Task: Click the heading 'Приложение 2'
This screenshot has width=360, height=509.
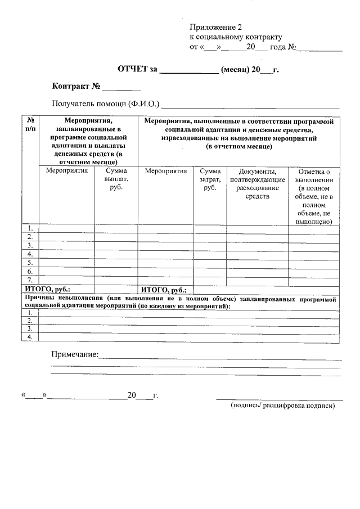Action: click(x=215, y=27)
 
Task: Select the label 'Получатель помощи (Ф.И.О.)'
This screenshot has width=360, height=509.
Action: click(x=106, y=104)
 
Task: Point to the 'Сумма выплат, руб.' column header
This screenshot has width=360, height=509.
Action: click(x=116, y=179)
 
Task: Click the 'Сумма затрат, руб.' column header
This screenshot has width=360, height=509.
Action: click(x=210, y=179)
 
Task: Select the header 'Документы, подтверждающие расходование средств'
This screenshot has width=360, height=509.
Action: click(x=257, y=183)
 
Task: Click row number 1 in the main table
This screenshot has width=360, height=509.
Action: click(x=30, y=228)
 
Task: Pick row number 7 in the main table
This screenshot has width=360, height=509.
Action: click(x=30, y=280)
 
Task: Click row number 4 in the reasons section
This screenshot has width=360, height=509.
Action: click(x=30, y=337)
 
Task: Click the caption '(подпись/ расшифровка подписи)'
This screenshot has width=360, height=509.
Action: click(x=282, y=405)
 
